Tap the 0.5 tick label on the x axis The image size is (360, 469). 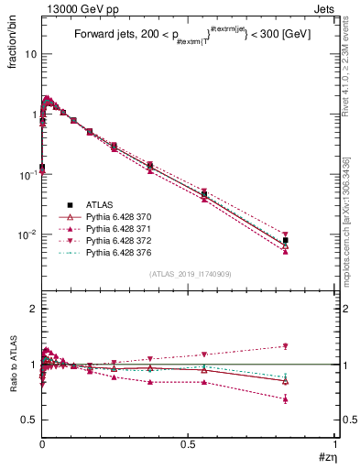[189, 443]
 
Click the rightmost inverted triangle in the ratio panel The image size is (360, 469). [286, 346]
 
